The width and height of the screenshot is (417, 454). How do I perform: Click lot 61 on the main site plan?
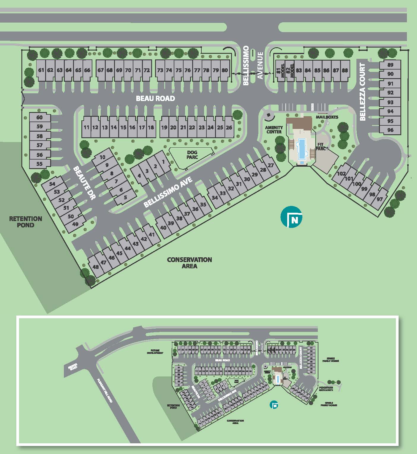click(41, 70)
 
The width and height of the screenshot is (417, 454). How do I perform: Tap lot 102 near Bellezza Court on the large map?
click(341, 174)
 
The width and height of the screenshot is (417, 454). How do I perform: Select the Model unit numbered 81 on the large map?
click(280, 70)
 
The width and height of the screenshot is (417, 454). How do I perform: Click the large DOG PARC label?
click(192, 155)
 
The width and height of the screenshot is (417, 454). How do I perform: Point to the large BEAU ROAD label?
click(155, 98)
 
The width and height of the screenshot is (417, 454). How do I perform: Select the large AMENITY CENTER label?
click(274, 130)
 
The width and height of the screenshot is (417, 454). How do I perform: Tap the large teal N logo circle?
click(291, 217)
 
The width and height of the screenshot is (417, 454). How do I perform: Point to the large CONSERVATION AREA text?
click(189, 263)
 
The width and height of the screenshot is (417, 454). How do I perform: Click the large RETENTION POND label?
click(26, 222)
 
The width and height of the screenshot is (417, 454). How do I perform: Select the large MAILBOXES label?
click(327, 117)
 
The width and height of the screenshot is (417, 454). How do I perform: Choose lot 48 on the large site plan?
click(96, 267)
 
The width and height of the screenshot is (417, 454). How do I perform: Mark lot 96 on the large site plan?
click(390, 130)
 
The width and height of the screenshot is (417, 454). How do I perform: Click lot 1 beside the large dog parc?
click(163, 162)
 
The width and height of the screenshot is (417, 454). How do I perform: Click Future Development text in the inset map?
click(155, 352)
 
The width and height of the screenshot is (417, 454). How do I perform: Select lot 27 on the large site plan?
click(271, 165)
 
